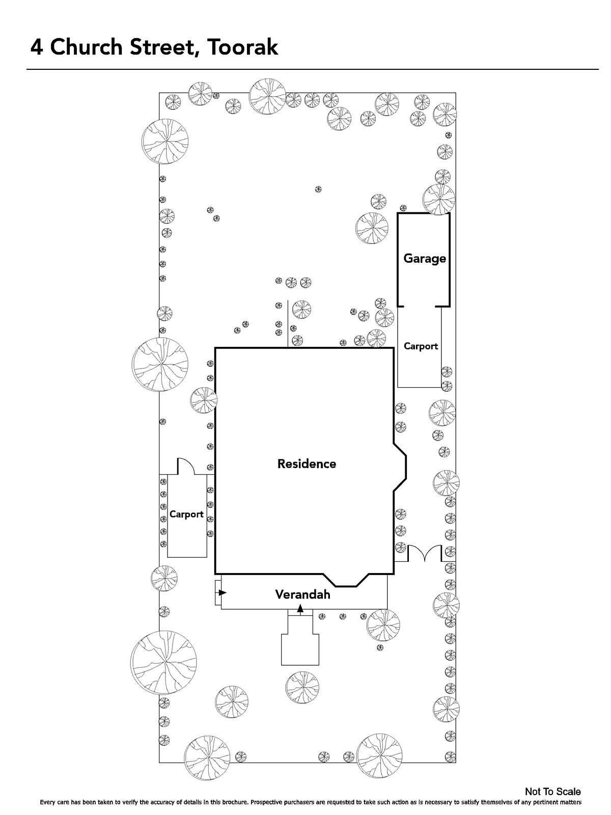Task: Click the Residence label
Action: (x=307, y=464)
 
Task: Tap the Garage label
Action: (x=425, y=258)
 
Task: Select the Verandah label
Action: (x=303, y=594)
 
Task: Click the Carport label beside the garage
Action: (x=421, y=346)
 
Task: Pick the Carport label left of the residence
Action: (x=186, y=514)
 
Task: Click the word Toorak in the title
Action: (x=242, y=47)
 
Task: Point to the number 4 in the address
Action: (x=37, y=47)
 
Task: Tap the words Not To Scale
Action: (x=553, y=792)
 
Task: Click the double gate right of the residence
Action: (x=425, y=553)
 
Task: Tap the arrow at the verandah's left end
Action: (x=221, y=592)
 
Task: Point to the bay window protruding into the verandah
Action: (x=346, y=580)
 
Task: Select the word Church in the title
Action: (x=86, y=47)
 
